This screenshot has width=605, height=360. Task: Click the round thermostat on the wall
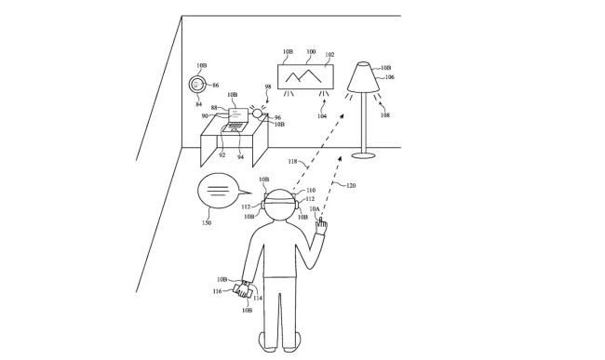point(197,84)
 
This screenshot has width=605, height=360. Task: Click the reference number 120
point(351,186)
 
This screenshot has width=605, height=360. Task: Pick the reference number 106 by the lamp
point(389,77)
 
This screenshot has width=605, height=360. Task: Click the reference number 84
point(198,104)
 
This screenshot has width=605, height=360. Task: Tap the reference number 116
point(217,291)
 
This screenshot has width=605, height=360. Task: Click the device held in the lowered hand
point(246,291)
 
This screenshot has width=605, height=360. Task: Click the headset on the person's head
point(278,199)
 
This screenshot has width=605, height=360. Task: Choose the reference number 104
point(321,115)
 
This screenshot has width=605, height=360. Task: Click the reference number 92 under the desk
point(222,155)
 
